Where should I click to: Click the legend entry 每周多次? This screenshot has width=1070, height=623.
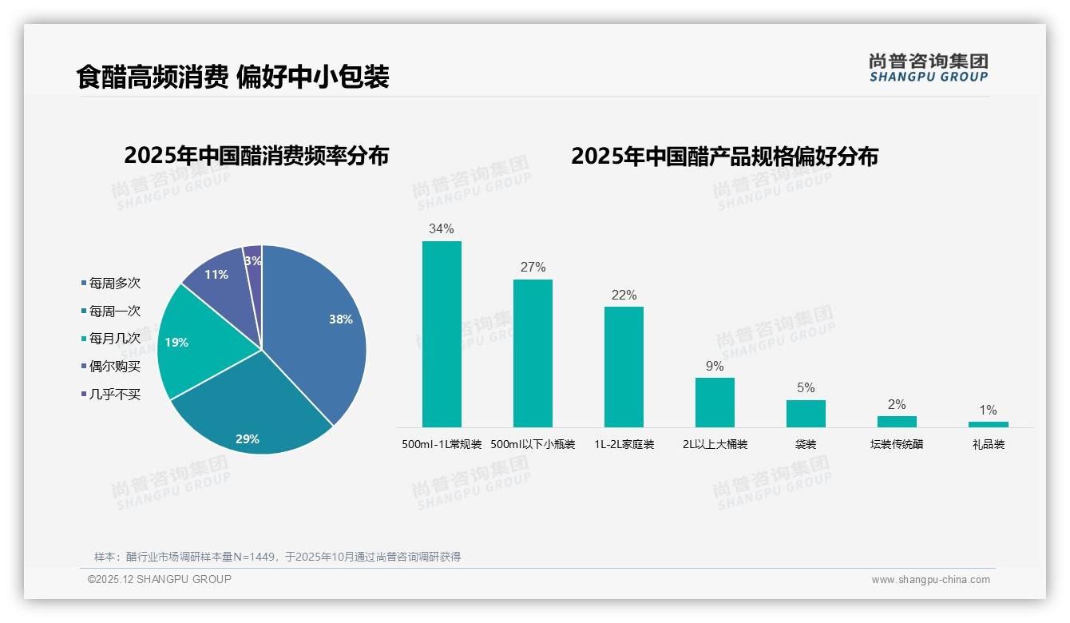coord(114,283)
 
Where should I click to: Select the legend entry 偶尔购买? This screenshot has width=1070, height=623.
coord(114,367)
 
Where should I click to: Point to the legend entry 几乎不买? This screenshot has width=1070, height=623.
coord(114,395)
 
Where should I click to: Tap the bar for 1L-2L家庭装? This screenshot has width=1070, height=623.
coord(624,367)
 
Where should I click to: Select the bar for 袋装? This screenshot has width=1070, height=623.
coord(806,414)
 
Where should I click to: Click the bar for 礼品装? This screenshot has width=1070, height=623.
coord(988,424)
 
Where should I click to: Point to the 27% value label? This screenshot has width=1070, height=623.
coord(533,267)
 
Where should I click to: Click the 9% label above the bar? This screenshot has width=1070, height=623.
coord(715,366)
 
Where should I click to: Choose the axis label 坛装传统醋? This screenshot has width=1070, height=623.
coord(897,444)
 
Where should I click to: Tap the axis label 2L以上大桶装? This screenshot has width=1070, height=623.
coord(715,444)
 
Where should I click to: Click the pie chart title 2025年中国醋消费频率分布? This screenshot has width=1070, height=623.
coord(256,156)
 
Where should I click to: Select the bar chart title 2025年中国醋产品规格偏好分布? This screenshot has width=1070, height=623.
coord(724,156)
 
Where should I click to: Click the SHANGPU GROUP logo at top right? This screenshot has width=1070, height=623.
coord(929,68)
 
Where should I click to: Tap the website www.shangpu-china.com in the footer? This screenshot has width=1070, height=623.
coord(930,580)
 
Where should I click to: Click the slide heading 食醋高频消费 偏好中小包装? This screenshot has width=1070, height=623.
coord(232,77)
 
